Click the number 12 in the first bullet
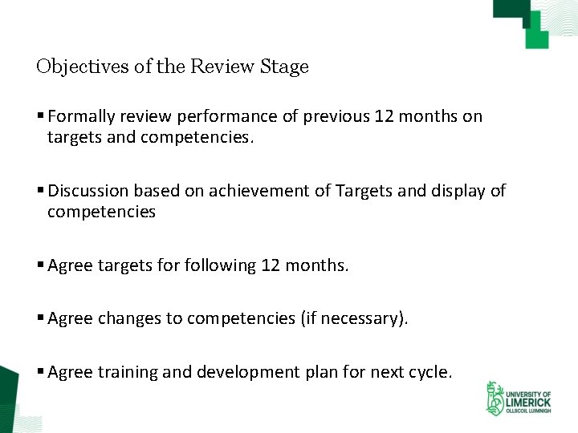pos(384,117)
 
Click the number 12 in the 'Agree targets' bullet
pos(271,265)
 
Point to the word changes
pos(129,318)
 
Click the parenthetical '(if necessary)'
pos(354,318)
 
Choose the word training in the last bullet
pos(129,372)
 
